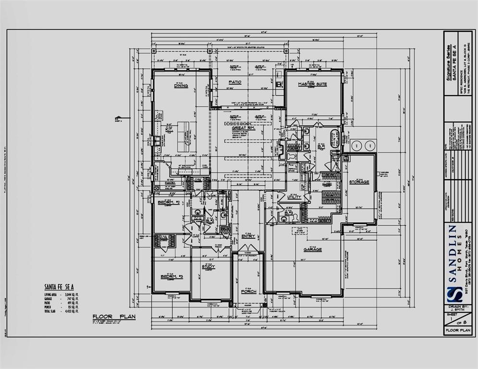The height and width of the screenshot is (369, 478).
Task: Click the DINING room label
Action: click(x=181, y=86)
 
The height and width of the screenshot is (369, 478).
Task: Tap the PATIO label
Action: click(x=234, y=82)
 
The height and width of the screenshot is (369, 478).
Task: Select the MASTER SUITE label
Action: click(x=312, y=84)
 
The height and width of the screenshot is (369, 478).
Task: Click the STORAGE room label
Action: click(x=359, y=182)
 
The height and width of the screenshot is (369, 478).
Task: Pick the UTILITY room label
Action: click(x=294, y=197)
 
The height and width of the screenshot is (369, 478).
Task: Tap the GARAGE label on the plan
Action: click(x=313, y=249)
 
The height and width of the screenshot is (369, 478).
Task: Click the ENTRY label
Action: click(x=248, y=236)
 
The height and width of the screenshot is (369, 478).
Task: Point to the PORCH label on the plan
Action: click(x=248, y=291)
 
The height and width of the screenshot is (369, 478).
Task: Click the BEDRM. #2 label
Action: click(x=168, y=202)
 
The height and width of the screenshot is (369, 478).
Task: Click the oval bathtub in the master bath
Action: click(x=335, y=138)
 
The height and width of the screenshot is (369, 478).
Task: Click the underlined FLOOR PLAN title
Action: click(x=114, y=317)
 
